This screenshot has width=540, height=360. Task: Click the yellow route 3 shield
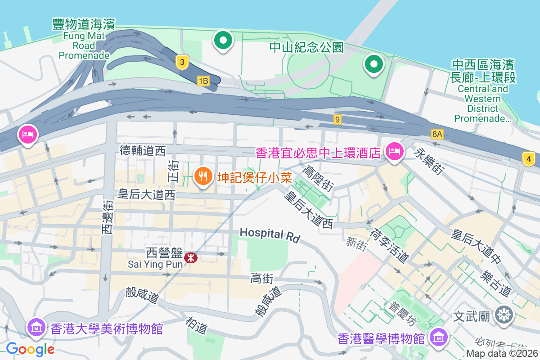point(182,62)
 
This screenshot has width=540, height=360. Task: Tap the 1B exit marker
point(203,81)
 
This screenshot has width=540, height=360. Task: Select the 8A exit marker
point(437,134)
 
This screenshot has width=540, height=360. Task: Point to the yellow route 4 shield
point(529,158)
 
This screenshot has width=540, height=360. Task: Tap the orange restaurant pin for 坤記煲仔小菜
point(203,175)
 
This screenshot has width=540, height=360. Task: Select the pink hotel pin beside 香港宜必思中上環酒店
point(394,152)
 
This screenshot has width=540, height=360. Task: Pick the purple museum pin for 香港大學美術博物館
point(36,327)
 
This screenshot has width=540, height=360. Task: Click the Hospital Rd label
point(270,234)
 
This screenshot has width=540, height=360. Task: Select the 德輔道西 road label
point(143,151)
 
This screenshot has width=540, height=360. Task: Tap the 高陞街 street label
point(319,178)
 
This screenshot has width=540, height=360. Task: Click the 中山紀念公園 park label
point(306,47)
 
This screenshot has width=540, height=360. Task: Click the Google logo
point(30,349)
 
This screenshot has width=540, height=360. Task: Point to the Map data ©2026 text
point(502,354)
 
